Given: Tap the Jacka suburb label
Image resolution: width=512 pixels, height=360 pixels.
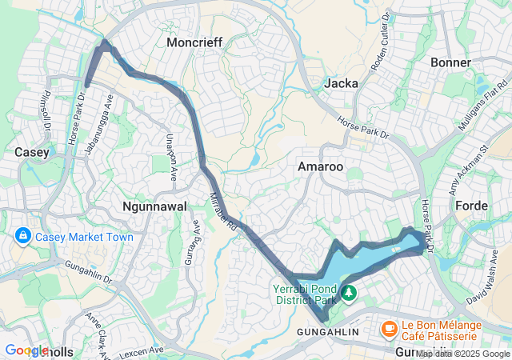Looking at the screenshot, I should click(342, 82).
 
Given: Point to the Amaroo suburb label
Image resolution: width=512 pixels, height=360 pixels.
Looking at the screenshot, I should click(320, 166).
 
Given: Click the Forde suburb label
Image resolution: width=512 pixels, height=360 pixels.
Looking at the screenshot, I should click(471, 206).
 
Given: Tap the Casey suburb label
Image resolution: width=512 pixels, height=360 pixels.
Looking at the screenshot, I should click(33, 151).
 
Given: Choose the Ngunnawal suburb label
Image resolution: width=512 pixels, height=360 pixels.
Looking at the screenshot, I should click(155, 206).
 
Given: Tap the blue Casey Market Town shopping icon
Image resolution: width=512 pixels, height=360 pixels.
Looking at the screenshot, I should click(22, 237).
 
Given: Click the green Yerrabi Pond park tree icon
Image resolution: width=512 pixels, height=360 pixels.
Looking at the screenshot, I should click(349, 294).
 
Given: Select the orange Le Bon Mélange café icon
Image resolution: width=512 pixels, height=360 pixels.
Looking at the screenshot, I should click(389, 328).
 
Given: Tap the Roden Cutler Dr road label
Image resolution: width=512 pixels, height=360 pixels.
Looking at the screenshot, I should click(381, 40).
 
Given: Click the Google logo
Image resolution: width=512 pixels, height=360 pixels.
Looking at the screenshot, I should click(26, 350).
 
